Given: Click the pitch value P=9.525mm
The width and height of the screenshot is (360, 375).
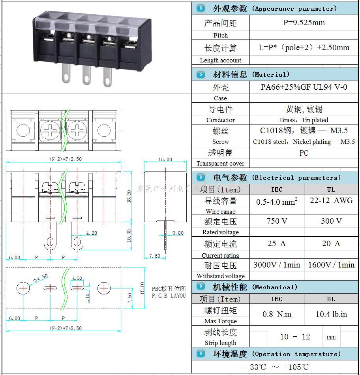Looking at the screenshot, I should tap(304, 23).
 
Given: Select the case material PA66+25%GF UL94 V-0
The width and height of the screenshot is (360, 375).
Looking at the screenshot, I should tap(304, 87).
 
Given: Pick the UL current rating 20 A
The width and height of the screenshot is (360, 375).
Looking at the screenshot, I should tap(331, 244).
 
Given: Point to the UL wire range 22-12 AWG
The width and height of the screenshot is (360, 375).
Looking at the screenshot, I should tap(331, 201).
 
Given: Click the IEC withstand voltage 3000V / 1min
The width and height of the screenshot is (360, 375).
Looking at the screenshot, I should tap(276, 265).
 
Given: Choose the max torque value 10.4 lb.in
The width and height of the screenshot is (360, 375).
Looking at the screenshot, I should tap(331, 315).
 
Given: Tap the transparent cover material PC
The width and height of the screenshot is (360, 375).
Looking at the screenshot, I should tap(304, 153).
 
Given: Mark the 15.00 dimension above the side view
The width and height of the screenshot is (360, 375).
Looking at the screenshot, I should tap(165, 160).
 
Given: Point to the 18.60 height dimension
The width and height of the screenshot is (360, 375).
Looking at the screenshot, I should tap(129, 196).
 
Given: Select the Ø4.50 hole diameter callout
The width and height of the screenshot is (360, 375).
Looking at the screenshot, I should tap(40, 278).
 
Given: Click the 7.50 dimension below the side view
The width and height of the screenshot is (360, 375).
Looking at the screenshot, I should tap(154, 256).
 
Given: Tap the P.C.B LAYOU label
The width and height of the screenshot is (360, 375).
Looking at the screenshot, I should tap(169, 296).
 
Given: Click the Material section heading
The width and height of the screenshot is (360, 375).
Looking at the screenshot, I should tap(251, 75).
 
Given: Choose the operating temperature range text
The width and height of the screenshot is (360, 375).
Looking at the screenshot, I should tap(275, 367).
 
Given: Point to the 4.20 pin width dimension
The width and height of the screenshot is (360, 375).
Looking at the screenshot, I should tap(92, 233).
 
